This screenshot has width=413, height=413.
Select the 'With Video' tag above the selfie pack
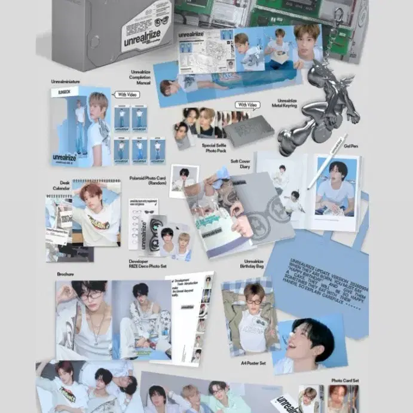247,106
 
